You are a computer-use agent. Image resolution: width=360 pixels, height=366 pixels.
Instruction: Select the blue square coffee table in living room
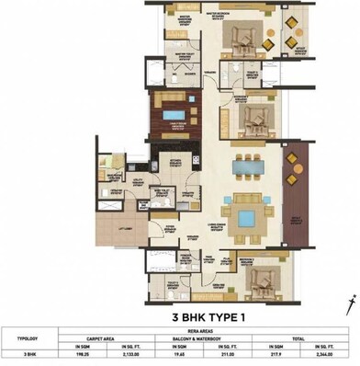tap(245, 217)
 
